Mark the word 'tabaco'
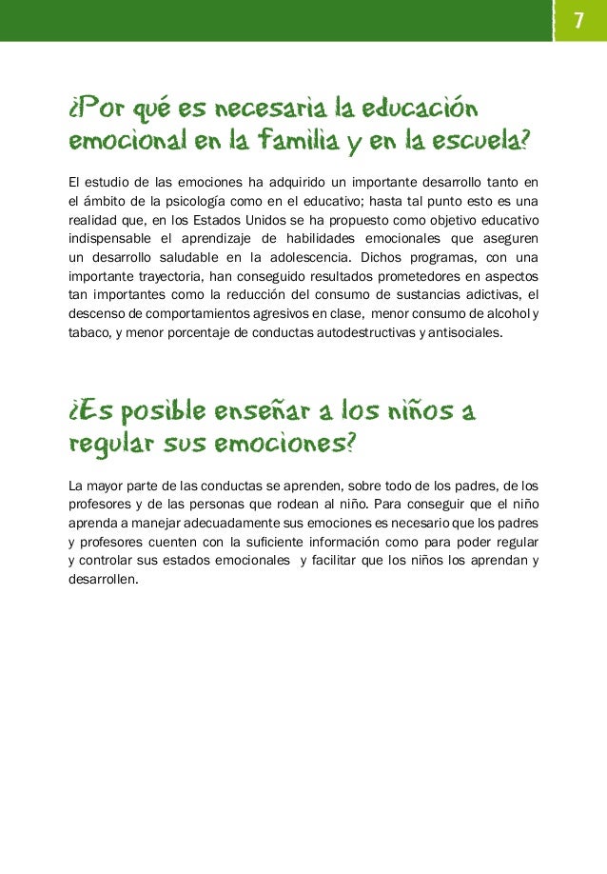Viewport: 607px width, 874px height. (87, 332)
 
